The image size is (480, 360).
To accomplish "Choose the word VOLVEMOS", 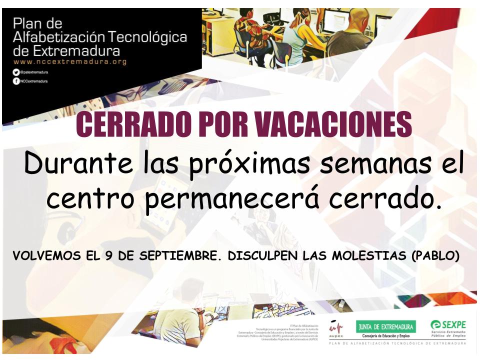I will tap(44, 256).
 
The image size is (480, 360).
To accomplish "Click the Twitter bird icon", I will tap(16, 72).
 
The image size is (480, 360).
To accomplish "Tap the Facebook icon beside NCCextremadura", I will tap(16, 81).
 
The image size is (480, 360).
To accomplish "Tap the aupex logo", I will tap(335, 329).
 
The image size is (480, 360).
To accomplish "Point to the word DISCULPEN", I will tap(260, 256).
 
